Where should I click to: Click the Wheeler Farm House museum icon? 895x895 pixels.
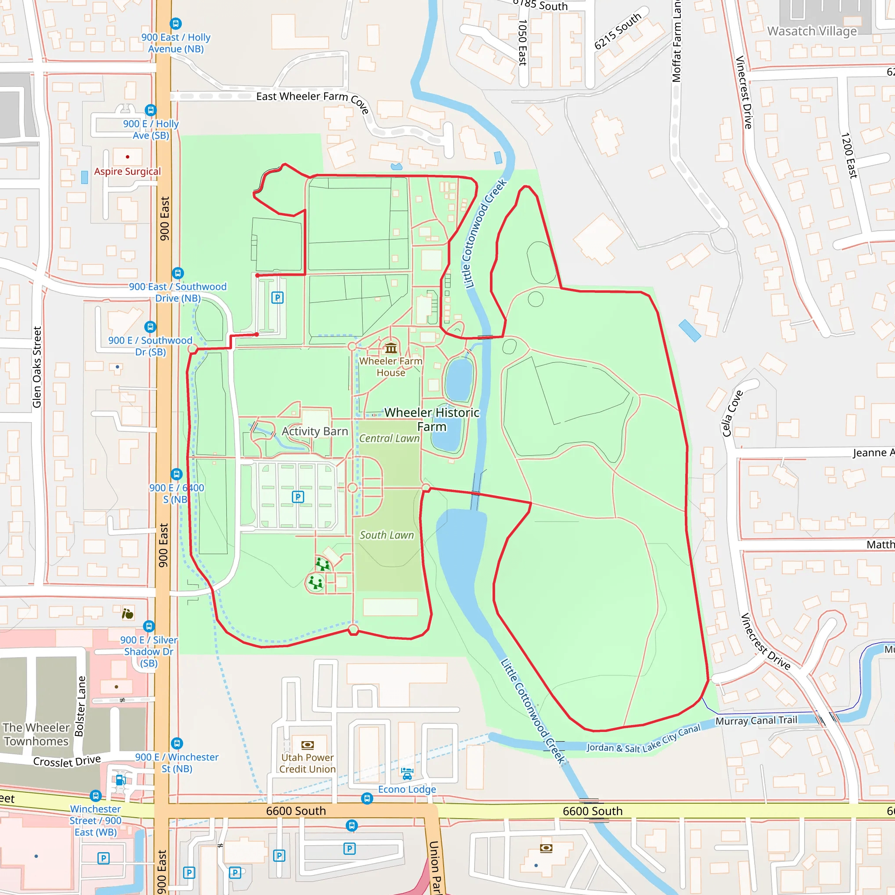391,348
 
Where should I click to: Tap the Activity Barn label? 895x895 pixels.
315,431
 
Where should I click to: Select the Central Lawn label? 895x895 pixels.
389,438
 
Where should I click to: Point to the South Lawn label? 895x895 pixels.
386,535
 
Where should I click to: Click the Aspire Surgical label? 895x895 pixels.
128,171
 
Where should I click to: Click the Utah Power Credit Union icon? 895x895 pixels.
308,745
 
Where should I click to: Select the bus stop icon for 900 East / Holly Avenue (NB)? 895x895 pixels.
176,23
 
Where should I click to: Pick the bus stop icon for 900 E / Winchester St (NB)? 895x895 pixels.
177,743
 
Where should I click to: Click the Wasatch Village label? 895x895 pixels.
812,31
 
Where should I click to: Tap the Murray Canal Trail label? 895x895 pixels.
756,720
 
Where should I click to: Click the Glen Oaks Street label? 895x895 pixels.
37,367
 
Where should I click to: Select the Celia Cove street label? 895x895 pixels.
732,413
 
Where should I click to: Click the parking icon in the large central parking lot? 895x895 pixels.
298,497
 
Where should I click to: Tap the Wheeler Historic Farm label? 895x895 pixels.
432,419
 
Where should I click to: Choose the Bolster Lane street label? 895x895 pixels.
80,706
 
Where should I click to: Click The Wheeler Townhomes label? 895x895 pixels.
36,734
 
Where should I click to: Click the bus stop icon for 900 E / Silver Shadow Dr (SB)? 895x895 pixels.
149,626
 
